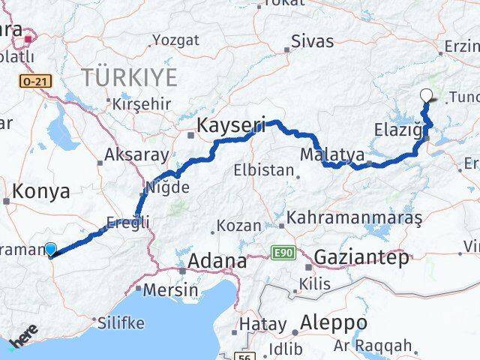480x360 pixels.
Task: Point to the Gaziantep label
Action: point(363,257)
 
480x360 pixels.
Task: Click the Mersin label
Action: point(172,290)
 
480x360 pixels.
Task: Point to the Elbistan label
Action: point(263,170)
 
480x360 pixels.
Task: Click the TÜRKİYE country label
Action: point(130,76)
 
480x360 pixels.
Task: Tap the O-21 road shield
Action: point(35,81)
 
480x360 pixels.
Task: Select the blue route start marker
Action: point(50,250)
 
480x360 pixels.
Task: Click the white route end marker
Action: point(427,95)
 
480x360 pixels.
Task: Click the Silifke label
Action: point(122,322)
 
